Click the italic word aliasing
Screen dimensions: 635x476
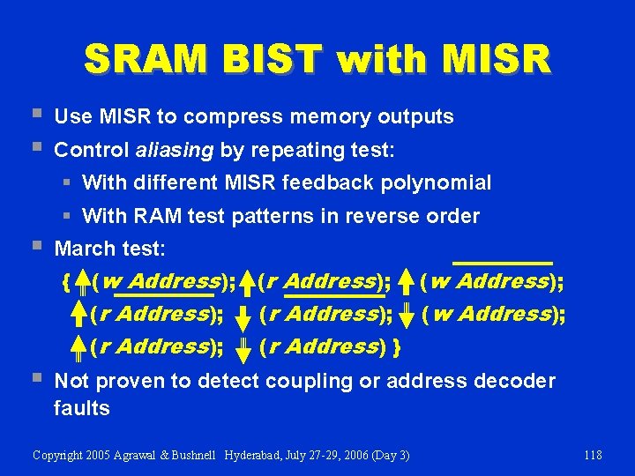click(175, 150)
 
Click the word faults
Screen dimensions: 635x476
click(81, 408)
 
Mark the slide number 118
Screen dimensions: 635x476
click(593, 455)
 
